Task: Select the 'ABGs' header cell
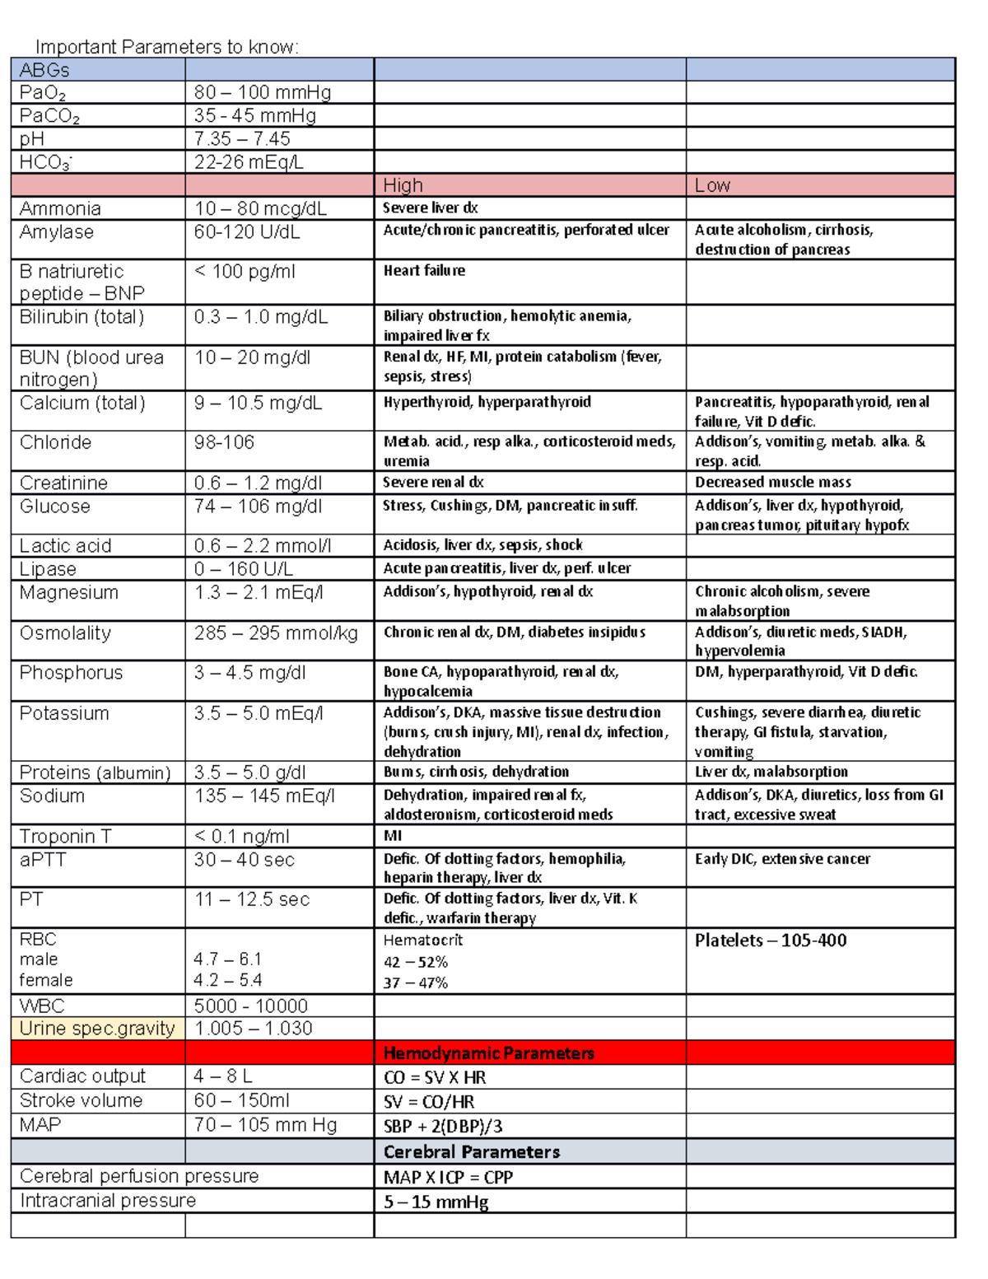(x=44, y=70)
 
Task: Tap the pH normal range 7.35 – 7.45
(x=242, y=138)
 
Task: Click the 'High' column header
(x=403, y=185)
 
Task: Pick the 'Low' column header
(x=712, y=185)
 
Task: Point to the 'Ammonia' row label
(x=60, y=208)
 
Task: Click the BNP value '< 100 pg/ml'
(x=245, y=271)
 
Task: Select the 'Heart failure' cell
(x=424, y=270)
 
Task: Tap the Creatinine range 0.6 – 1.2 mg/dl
(x=258, y=483)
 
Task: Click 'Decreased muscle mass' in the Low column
(x=772, y=482)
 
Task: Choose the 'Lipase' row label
(x=48, y=569)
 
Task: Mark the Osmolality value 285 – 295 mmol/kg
(x=276, y=632)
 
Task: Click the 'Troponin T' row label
(x=65, y=836)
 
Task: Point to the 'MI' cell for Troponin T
(x=393, y=835)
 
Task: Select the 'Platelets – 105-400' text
(x=770, y=941)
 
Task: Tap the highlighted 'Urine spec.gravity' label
(x=97, y=1028)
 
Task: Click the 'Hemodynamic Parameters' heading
(x=488, y=1053)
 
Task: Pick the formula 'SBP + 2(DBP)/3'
(x=443, y=1126)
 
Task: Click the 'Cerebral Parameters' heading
(x=471, y=1151)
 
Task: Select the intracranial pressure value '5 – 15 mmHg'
(x=436, y=1202)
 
